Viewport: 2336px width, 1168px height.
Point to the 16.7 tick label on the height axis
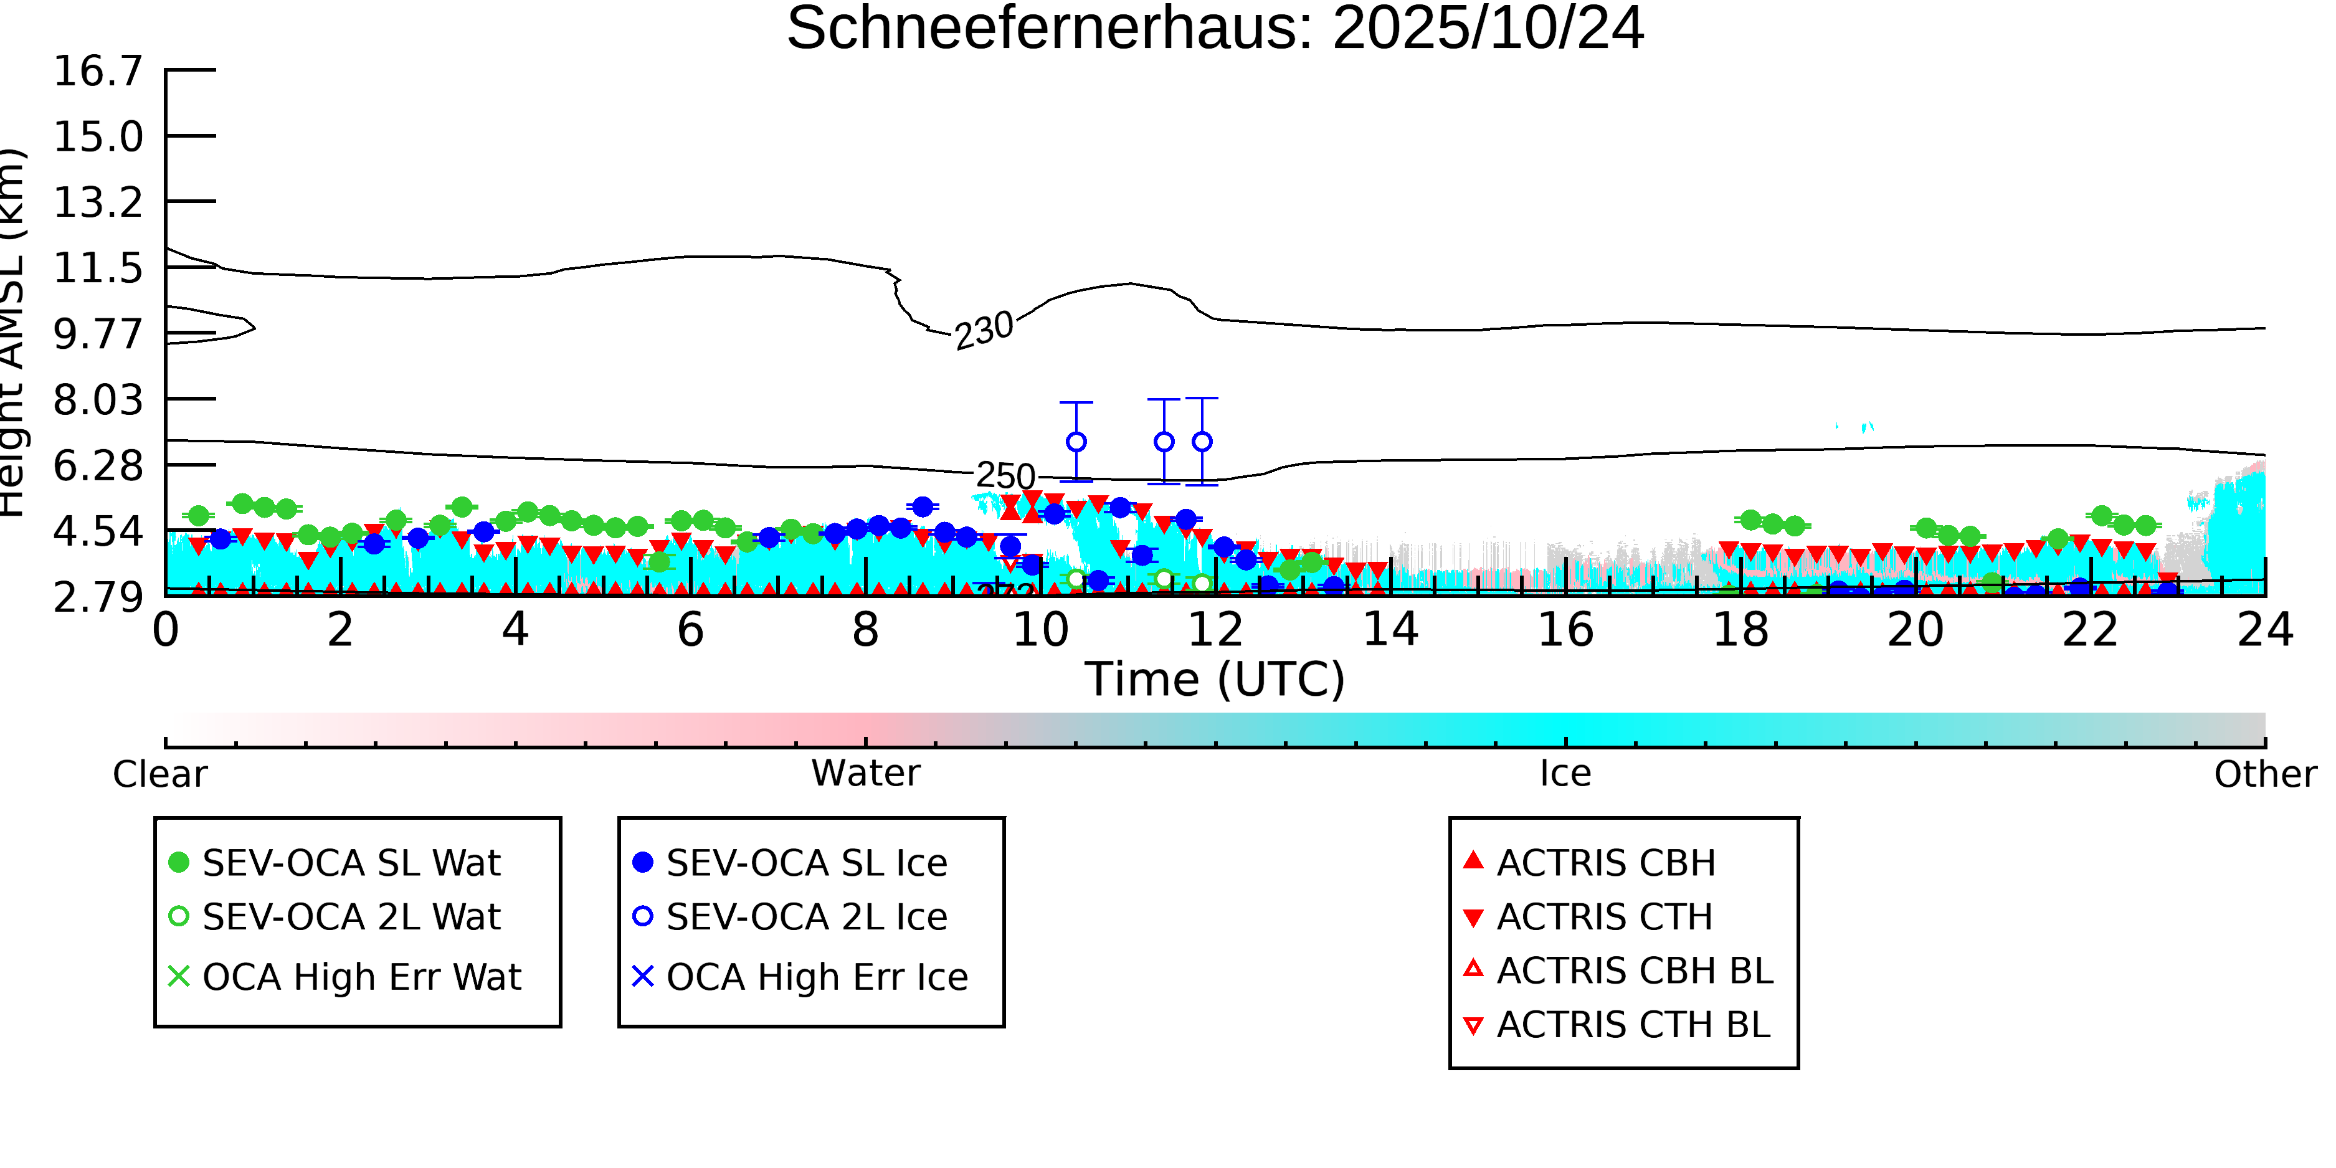coord(98,71)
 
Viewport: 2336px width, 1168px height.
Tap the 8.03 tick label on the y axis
coord(98,400)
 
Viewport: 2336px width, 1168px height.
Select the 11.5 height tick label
coord(98,268)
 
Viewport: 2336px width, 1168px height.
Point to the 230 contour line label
coord(984,329)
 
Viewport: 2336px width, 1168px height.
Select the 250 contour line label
coord(1005,476)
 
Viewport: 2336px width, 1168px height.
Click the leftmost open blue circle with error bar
coord(1076,442)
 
